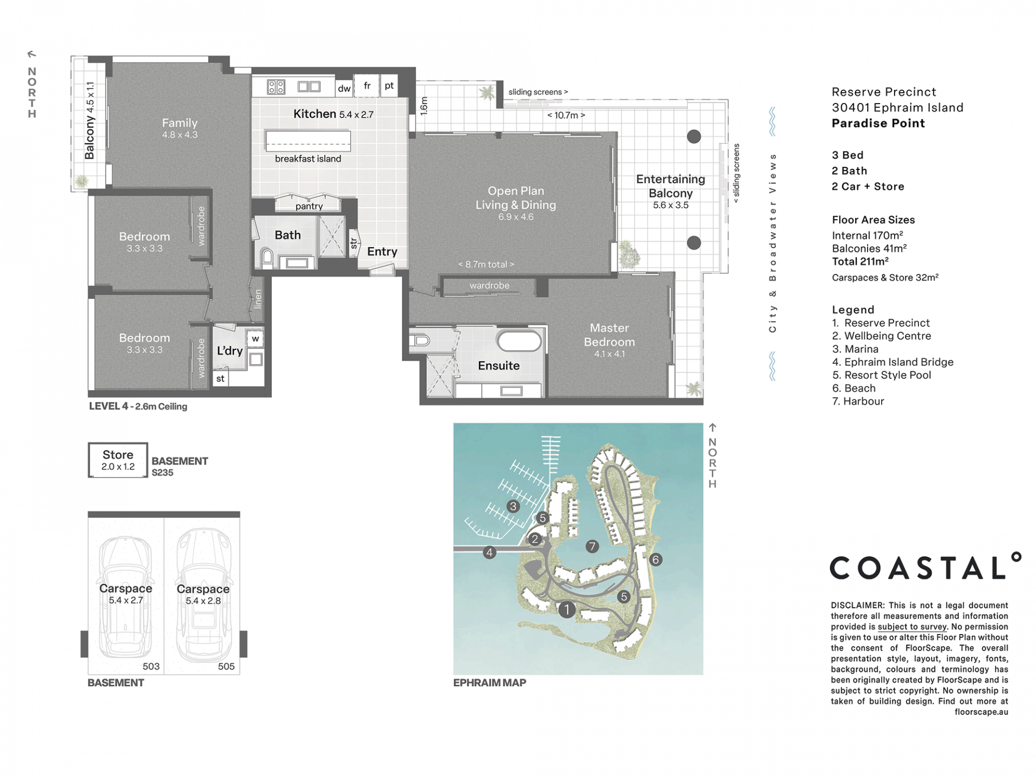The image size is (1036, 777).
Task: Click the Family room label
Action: tap(180, 123)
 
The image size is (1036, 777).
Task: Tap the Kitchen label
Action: tap(315, 114)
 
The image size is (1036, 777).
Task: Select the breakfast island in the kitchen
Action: tap(308, 141)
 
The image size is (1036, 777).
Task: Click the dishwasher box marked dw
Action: tap(344, 88)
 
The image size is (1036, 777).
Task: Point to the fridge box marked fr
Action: tap(367, 86)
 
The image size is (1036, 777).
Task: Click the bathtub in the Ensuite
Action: tap(519, 342)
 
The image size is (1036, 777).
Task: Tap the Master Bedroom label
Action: tap(609, 335)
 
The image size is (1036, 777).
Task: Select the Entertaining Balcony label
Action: tap(671, 186)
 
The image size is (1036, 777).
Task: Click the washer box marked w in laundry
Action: tap(255, 339)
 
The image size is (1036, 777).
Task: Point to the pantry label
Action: tap(309, 206)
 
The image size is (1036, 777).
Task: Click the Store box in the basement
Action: tap(118, 460)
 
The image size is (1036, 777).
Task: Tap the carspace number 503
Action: tap(151, 666)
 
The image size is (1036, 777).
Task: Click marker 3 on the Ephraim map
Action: tap(513, 506)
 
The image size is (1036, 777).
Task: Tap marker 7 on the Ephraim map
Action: tap(592, 546)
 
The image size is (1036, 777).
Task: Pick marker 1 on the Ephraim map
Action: tap(567, 610)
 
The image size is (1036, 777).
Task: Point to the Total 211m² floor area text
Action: tap(860, 261)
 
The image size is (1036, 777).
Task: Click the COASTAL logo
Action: tap(925, 567)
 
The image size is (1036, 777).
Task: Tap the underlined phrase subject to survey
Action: tap(912, 626)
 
